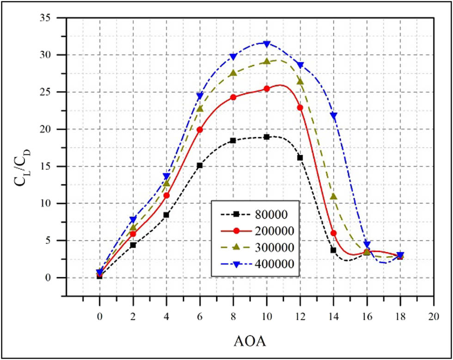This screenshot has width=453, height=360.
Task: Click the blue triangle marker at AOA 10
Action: [x=267, y=43]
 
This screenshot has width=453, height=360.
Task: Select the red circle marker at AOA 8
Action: [x=233, y=98]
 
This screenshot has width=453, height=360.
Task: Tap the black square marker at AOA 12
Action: [x=300, y=158]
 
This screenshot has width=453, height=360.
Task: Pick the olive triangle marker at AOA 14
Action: [x=333, y=196]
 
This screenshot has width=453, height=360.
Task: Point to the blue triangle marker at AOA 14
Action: [x=333, y=116]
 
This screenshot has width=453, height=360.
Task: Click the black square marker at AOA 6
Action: [x=200, y=165]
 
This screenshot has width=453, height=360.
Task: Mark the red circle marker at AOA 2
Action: [x=133, y=234]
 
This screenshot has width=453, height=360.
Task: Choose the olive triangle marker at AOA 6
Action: [x=200, y=109]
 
